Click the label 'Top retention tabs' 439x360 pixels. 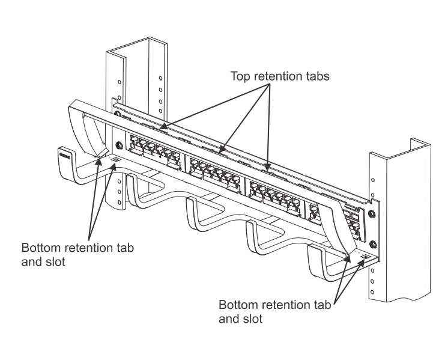(x=280, y=76)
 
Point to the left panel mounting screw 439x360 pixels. (x=118, y=146)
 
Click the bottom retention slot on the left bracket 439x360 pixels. (x=115, y=160)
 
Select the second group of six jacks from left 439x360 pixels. (x=214, y=170)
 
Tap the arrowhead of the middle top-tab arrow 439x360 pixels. (x=220, y=150)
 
